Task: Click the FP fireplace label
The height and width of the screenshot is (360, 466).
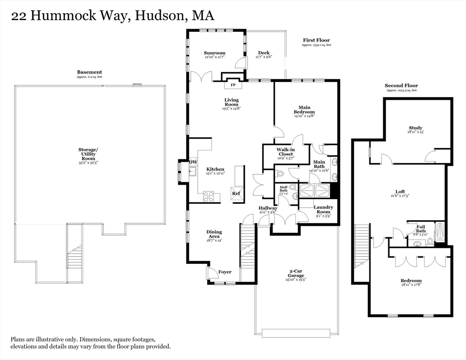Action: (x=233, y=85)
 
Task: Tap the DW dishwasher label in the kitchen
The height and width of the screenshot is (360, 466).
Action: (x=193, y=162)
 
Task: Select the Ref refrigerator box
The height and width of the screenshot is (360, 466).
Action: (x=236, y=193)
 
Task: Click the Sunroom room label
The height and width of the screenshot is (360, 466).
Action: (x=214, y=53)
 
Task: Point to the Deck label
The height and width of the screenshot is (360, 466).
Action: (x=263, y=53)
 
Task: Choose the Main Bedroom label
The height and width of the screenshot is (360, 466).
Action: (x=304, y=110)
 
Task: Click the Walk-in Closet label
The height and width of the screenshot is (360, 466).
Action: (x=285, y=152)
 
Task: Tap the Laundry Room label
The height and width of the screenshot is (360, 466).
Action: (x=323, y=210)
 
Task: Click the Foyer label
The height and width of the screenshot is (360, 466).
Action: (x=225, y=272)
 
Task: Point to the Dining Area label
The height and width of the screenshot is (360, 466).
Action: (x=214, y=234)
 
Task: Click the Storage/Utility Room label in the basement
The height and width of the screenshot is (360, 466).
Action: (x=88, y=153)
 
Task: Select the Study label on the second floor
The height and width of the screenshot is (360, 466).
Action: (x=415, y=128)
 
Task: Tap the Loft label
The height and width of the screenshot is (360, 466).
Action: (x=400, y=191)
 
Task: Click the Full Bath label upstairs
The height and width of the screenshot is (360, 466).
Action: (x=421, y=229)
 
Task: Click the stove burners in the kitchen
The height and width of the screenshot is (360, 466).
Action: (x=209, y=197)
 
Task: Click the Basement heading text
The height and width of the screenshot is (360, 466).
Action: (x=89, y=72)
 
